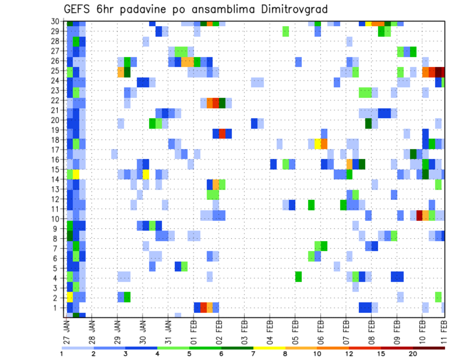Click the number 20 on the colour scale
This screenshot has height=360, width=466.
pos(413,353)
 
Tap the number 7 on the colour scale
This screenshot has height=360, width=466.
pos(253,353)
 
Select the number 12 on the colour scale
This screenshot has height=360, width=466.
pos(349,353)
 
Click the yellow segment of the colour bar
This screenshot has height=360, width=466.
pos(269,348)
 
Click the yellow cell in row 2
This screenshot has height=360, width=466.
pos(70,297)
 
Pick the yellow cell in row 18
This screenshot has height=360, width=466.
pos(317,144)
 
